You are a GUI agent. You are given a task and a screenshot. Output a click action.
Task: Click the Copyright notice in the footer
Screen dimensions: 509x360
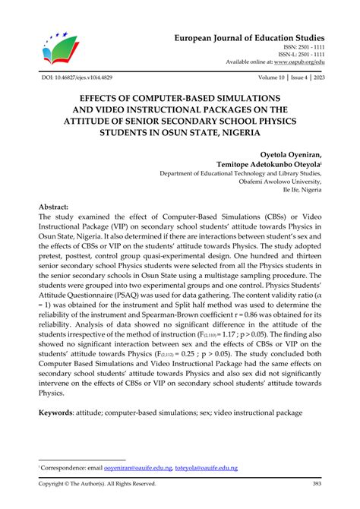click(97, 483)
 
